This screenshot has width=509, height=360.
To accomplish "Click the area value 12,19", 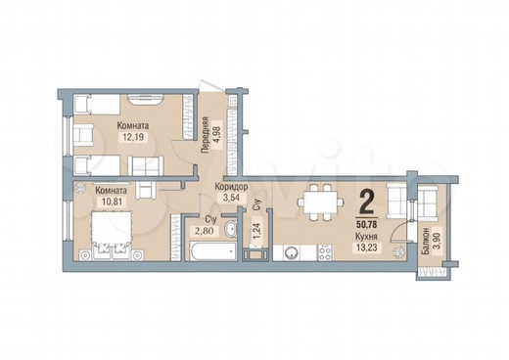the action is pyautogui.click(x=133, y=136).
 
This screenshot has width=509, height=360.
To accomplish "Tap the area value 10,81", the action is pyautogui.click(x=112, y=202).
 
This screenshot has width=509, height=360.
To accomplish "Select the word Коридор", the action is pyautogui.click(x=231, y=187).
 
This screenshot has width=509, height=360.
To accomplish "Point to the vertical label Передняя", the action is pyautogui.click(x=205, y=135).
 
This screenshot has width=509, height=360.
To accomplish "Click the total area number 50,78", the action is pyautogui.click(x=367, y=225).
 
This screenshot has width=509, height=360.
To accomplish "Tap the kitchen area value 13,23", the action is pyautogui.click(x=367, y=247).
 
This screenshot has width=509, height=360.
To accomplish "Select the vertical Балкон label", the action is pyautogui.click(x=425, y=242).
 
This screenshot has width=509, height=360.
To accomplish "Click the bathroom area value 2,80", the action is pyautogui.click(x=205, y=231).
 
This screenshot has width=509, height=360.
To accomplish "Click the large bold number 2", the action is pyautogui.click(x=367, y=202).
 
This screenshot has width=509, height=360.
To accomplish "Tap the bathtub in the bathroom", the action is pyautogui.click(x=212, y=251).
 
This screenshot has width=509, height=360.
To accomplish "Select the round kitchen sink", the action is pyautogui.click(x=290, y=252).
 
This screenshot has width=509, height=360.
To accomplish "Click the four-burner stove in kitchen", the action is pyautogui.click(x=325, y=252).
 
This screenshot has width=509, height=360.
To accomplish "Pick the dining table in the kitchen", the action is pyautogui.click(x=320, y=202).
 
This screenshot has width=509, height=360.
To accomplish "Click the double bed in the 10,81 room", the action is pyautogui.click(x=112, y=235).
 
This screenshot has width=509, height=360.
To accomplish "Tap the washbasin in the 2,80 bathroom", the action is pyautogui.click(x=231, y=229).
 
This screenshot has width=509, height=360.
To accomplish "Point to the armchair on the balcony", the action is pyautogui.click(x=428, y=201).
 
